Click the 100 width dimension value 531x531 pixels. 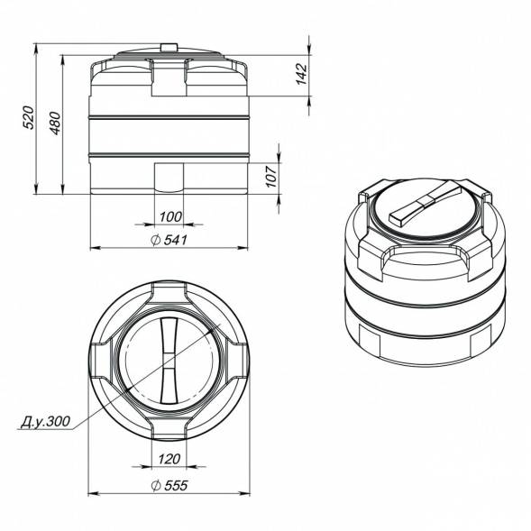[169, 216]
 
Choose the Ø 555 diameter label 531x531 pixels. [169, 485]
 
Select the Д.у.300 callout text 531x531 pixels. [42, 420]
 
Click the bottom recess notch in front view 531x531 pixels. [169, 178]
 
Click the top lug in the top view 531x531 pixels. [169, 293]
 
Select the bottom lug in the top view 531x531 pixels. [169, 427]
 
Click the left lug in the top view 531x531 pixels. [101, 360]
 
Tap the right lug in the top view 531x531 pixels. [237, 360]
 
